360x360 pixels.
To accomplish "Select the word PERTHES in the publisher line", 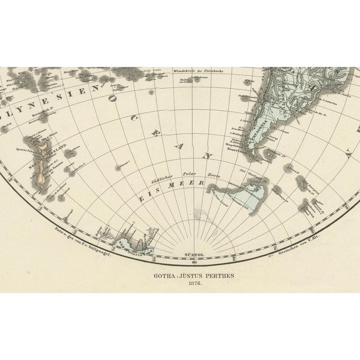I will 215,275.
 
